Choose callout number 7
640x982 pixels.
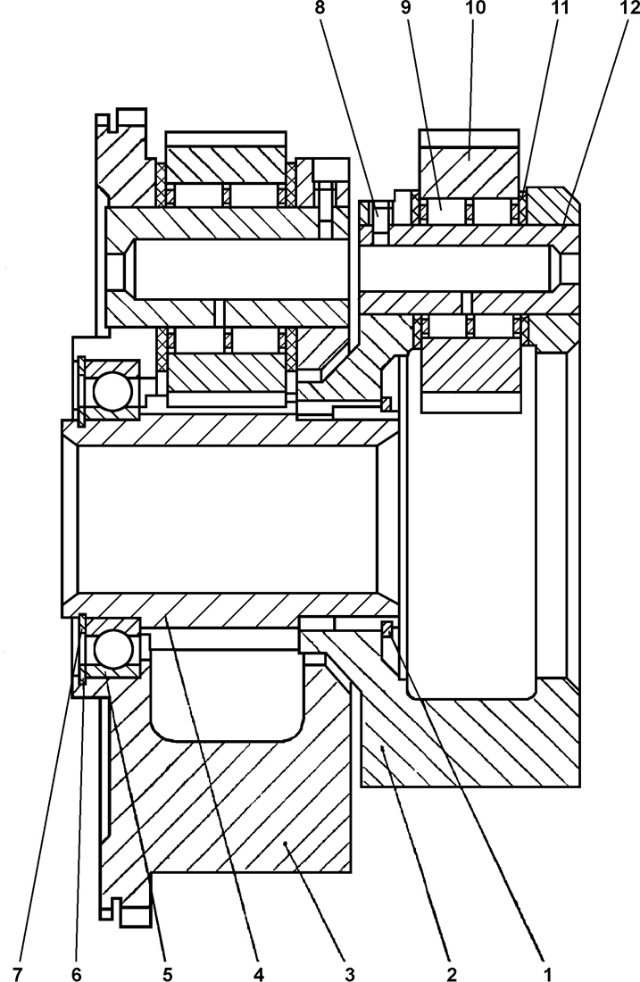[17, 969]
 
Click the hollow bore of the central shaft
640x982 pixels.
[228, 517]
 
